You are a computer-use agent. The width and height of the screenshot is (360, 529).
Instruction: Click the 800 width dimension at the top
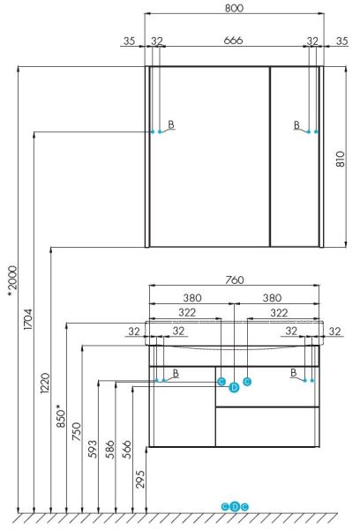pyautogui.click(x=234, y=8)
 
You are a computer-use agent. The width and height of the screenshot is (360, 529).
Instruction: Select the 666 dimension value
pyautogui.click(x=233, y=41)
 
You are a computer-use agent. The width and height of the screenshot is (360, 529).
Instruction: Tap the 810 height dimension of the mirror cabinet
pyautogui.click(x=341, y=159)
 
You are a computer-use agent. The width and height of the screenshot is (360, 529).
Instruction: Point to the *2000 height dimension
pyautogui.click(x=12, y=281)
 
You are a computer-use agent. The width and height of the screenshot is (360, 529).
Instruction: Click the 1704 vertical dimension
pyautogui.click(x=28, y=319)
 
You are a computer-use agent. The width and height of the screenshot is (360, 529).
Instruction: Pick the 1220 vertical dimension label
pyautogui.click(x=45, y=383)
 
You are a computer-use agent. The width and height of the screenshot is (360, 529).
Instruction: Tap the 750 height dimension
pyautogui.click(x=77, y=431)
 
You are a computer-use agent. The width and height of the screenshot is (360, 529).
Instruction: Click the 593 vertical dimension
pyautogui.click(x=92, y=449)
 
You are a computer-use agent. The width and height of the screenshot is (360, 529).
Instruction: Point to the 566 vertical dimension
pyautogui.click(x=127, y=449)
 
